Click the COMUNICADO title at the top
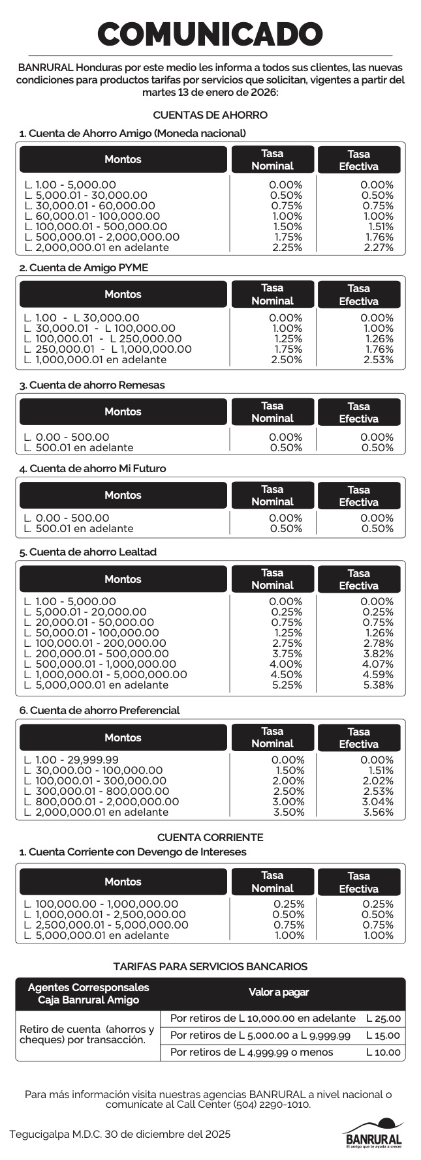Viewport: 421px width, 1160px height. pos(210,33)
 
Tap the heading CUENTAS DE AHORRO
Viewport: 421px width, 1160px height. pos(210,115)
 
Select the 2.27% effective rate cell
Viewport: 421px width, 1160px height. pos(377,247)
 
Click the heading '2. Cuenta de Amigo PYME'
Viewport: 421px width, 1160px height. pos(84,267)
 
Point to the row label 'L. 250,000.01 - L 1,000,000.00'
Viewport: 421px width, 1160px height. pos(108,349)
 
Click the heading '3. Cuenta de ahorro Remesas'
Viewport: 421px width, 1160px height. pos(92,385)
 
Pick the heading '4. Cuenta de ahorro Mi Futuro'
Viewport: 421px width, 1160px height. pos(93,468)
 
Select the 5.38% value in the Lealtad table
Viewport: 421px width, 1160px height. pos(377,685)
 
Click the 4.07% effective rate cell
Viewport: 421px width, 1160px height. pos(377,664)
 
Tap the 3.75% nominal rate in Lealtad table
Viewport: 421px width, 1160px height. pos(287,653)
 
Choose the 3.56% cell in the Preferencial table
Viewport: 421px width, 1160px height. pos(377,812)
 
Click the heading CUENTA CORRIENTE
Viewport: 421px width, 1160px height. pos(210,837)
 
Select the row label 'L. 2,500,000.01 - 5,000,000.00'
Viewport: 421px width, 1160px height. pos(106,925)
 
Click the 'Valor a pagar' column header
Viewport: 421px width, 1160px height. pos(279,992)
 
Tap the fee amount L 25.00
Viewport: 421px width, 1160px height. pos(384,1018)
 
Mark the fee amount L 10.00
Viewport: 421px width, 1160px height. pos(384,1052)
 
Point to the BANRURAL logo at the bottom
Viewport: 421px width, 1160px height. pos(373,1135)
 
